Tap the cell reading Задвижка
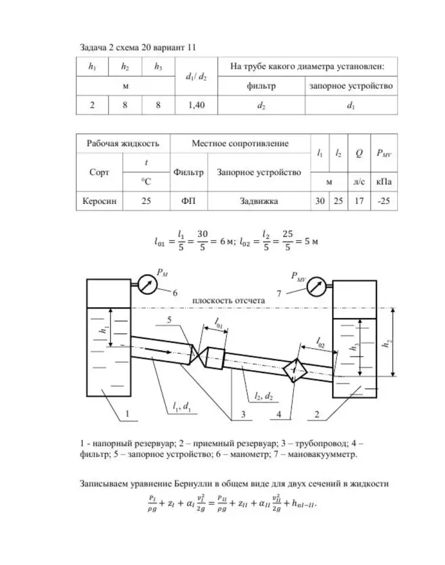click(x=259, y=201)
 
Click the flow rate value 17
click(x=359, y=201)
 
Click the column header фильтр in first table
click(x=262, y=86)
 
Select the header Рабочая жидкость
click(x=122, y=144)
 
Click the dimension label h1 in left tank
click(x=102, y=330)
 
